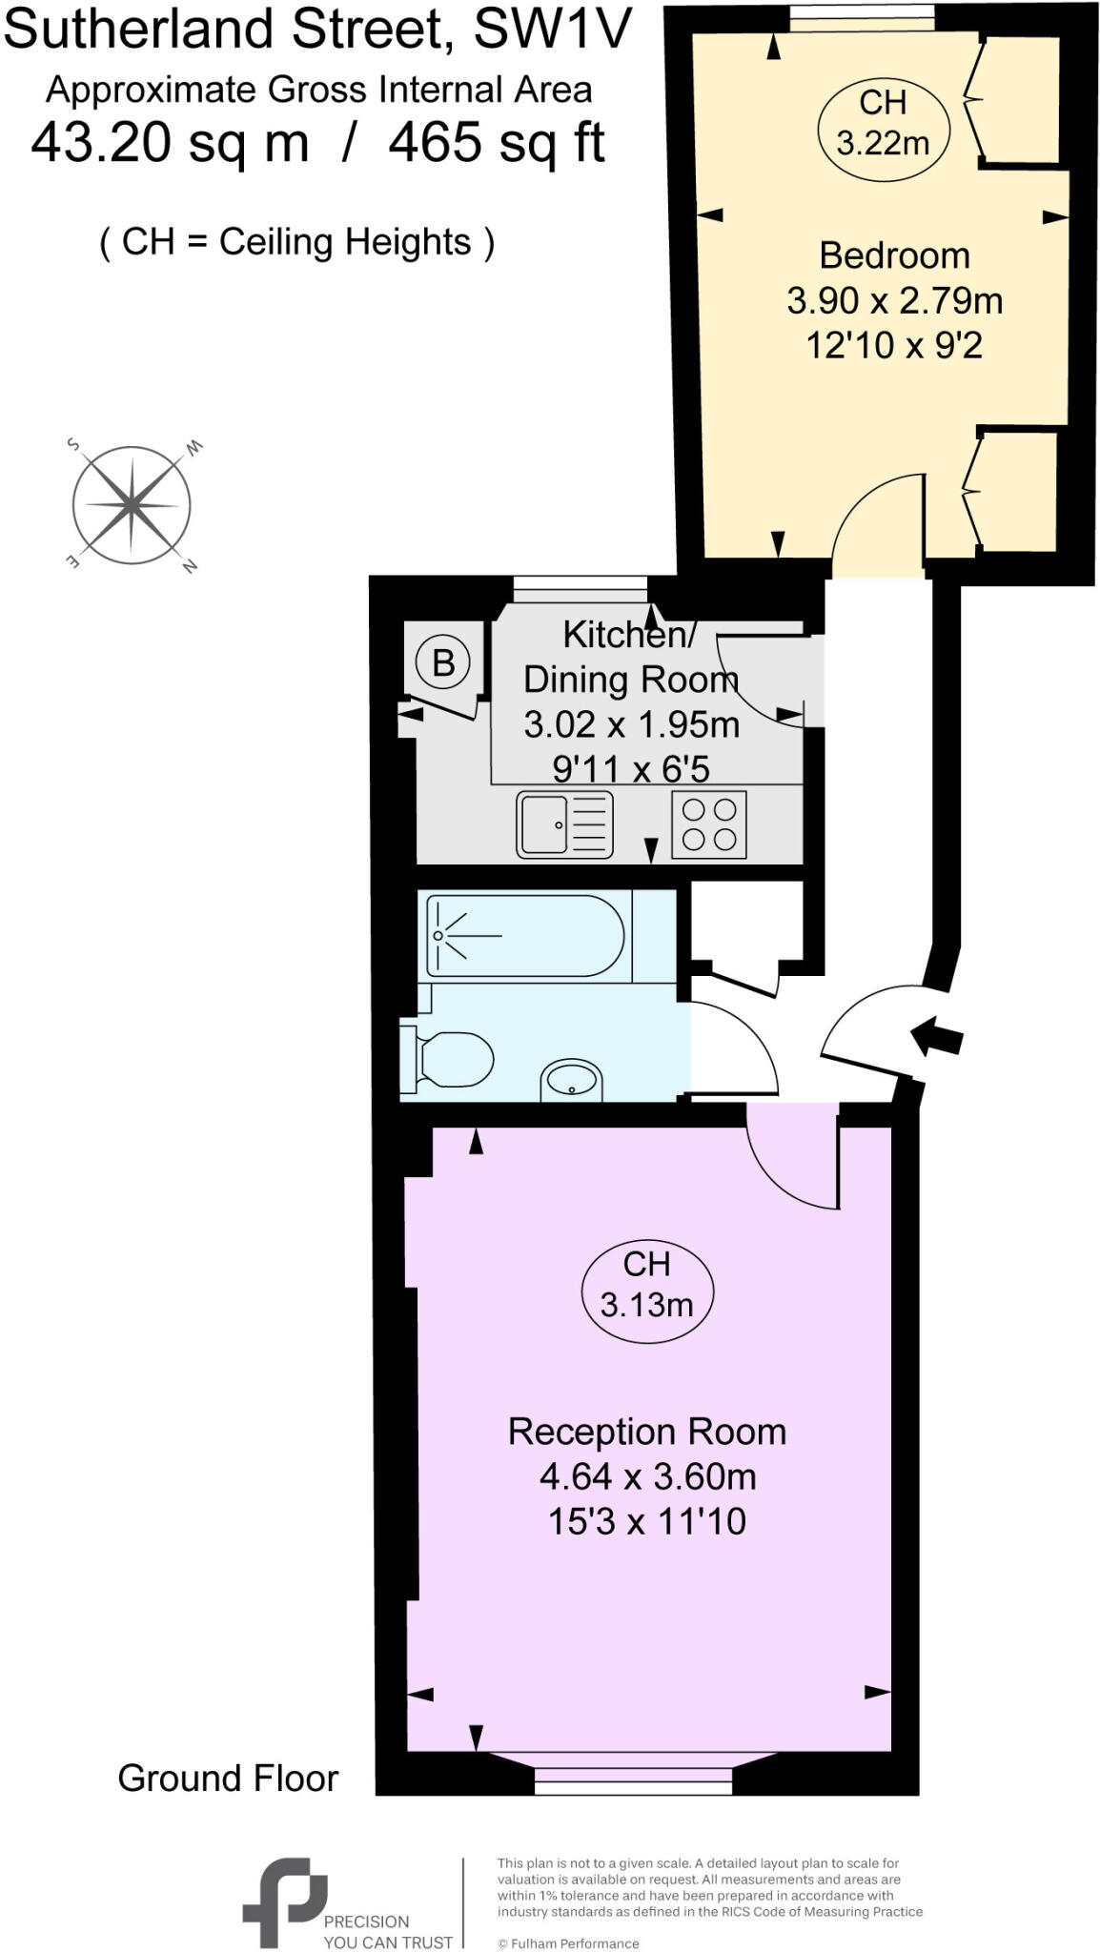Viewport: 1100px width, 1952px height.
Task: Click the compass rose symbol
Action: [x=132, y=505]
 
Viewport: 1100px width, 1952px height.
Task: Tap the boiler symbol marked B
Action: [x=443, y=661]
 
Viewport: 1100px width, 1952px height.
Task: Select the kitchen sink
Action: [x=564, y=823]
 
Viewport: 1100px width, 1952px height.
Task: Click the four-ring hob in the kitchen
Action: [x=709, y=823]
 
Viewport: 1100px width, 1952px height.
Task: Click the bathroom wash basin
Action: [x=571, y=1081]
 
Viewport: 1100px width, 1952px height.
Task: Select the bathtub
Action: [x=524, y=936]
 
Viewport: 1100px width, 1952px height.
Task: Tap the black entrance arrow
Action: [x=938, y=1035]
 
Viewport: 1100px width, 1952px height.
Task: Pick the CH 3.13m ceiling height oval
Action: [x=647, y=1284]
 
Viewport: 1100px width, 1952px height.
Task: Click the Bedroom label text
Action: [x=894, y=255]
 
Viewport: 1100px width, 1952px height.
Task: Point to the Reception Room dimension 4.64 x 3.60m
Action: [x=647, y=1476]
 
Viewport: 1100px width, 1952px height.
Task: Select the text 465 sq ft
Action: [x=497, y=143]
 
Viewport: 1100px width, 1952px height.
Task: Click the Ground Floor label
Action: [x=228, y=1779]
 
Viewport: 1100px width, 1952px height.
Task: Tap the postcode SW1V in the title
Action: [x=553, y=29]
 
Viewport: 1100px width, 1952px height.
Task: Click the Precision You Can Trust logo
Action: [x=286, y=1901]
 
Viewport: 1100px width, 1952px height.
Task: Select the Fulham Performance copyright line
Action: [x=568, y=1942]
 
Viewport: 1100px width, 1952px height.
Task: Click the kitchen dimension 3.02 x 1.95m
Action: [x=631, y=724]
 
